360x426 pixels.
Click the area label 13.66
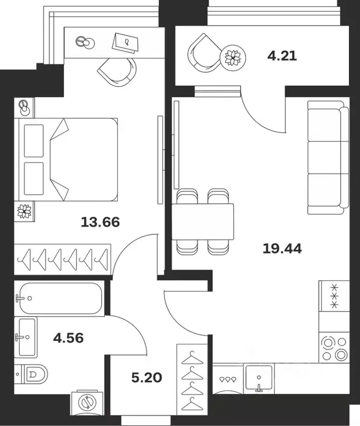pos(100,222)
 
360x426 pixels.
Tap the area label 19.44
pos(282,249)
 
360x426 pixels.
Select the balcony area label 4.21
pos(282,56)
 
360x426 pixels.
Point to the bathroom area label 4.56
pos(68,338)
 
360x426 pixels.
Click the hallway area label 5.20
pos(147,378)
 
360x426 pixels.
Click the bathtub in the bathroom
pos(59,298)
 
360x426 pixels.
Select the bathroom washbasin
pos(26,337)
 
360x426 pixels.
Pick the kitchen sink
pos(259,378)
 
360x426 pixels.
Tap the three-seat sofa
pos(328,158)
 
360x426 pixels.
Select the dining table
pos(203,222)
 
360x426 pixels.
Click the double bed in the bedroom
pos(68,159)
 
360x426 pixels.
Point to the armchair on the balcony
pos(204,53)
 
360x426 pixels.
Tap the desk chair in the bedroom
pos(117,72)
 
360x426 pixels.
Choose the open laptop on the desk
pos(126,43)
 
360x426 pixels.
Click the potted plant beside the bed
pos(24,211)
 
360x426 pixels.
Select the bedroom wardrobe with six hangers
pos(62,259)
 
